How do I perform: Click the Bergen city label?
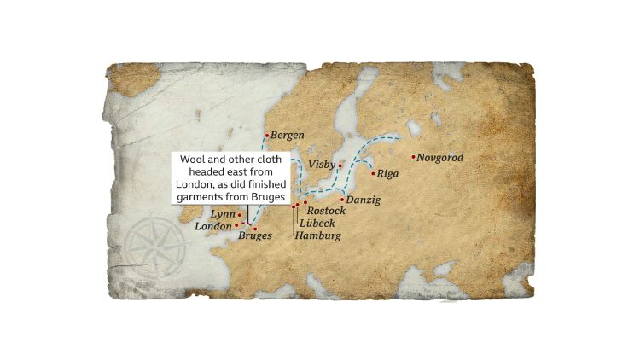coord(287,136)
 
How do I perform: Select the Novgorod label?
coord(440,158)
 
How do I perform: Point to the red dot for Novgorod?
coord(414,157)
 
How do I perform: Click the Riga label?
coord(387,173)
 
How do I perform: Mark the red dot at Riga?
coord(373,173)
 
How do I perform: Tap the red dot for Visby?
coord(340,165)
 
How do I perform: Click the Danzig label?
coord(364,200)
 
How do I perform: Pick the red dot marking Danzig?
coord(342,200)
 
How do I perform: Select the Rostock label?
coord(326,211)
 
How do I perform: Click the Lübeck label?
coord(317,223)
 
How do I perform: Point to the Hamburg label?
coord(317,235)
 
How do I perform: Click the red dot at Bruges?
coord(256,228)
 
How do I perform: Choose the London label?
coord(213,226)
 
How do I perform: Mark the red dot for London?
coord(236,226)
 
